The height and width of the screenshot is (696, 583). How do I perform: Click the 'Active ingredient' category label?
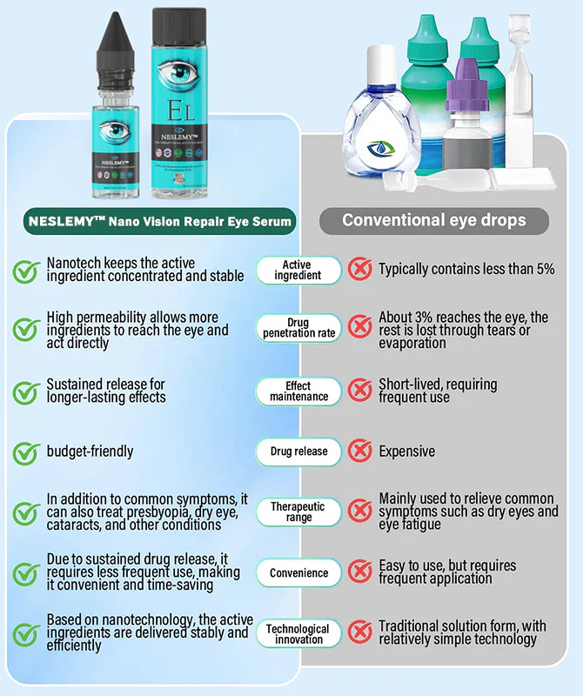click(x=298, y=270)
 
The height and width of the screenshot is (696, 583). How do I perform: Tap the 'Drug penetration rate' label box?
click(x=298, y=328)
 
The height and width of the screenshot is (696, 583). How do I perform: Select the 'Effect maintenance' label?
click(x=298, y=391)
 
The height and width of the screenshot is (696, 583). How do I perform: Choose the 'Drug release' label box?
click(x=298, y=452)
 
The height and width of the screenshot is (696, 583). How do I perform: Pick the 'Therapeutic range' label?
click(x=298, y=512)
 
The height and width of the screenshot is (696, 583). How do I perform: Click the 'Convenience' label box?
click(x=298, y=573)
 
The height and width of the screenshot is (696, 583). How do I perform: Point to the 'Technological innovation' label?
click(x=298, y=634)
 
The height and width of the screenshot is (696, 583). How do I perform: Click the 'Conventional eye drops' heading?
click(x=433, y=219)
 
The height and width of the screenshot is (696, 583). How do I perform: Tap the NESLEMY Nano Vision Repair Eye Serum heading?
click(x=152, y=221)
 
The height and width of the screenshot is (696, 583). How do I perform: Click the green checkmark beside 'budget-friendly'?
click(x=25, y=452)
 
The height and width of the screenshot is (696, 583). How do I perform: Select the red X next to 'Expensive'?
click(x=359, y=452)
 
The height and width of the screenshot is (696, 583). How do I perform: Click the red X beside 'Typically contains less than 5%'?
click(x=359, y=270)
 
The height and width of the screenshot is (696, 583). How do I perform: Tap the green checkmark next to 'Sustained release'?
click(x=25, y=391)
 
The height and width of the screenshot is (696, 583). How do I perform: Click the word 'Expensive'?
click(x=406, y=452)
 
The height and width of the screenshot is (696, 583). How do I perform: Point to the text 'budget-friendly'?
click(x=90, y=452)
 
